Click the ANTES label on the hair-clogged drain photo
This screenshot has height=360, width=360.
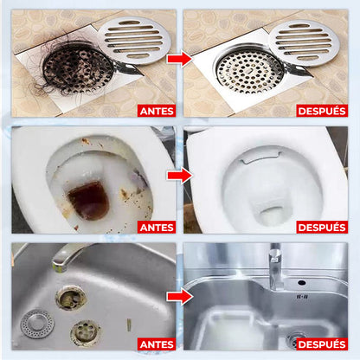pyautogui.click(x=157, y=111)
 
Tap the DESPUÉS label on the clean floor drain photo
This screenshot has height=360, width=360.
pyautogui.click(x=322, y=111)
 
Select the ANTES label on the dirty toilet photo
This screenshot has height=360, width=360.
pyautogui.click(x=157, y=228)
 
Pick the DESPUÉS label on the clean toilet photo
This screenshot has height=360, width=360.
pyautogui.click(x=322, y=228)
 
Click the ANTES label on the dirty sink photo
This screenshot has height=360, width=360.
pyautogui.click(x=157, y=344)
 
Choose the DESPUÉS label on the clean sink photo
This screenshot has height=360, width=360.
pyautogui.click(x=322, y=344)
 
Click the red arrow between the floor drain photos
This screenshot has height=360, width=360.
pyautogui.click(x=179, y=60)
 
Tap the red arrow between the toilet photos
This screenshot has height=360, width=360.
pyautogui.click(x=179, y=176)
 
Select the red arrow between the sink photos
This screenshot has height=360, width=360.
pyautogui.click(x=179, y=297)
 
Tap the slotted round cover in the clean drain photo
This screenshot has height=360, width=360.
pyautogui.click(x=304, y=42)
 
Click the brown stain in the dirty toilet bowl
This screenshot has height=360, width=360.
pyautogui.click(x=88, y=200)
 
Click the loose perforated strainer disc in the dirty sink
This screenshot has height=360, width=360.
pyautogui.click(x=37, y=324)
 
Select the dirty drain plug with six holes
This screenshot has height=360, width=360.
pyautogui.click(x=86, y=333)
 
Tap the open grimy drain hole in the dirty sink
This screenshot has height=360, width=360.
pyautogui.click(x=71, y=298)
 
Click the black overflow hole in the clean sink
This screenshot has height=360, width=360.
pyautogui.click(x=302, y=282)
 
